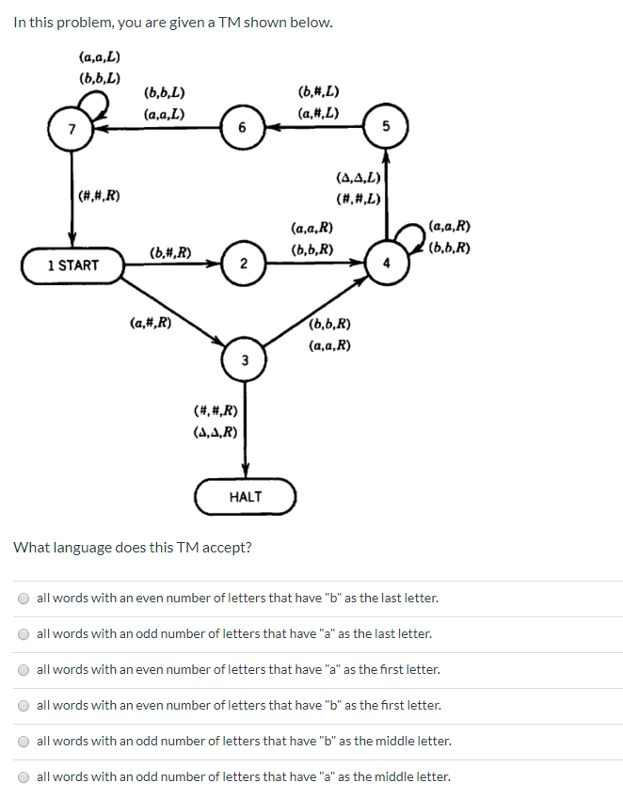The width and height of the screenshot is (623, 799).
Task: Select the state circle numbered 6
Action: (x=242, y=129)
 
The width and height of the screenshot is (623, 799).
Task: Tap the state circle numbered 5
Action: (x=386, y=129)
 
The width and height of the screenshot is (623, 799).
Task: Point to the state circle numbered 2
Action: (x=243, y=264)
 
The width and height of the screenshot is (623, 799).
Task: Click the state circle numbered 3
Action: (x=244, y=360)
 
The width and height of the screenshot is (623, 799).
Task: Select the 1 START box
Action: (x=72, y=265)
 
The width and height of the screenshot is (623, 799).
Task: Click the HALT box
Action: (x=246, y=496)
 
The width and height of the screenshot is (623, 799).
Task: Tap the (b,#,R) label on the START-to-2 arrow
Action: (x=171, y=252)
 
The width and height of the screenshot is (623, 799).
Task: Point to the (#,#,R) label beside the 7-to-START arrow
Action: (x=100, y=196)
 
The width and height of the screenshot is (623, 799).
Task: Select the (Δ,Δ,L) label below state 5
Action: (x=358, y=178)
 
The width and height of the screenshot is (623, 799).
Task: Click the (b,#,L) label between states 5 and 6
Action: (x=318, y=92)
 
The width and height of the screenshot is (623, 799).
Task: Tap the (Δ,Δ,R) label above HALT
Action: (x=215, y=433)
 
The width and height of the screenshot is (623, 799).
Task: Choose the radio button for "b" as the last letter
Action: (x=23, y=599)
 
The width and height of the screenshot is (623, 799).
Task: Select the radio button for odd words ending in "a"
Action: (x=23, y=634)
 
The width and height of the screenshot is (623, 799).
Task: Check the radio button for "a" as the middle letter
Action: (x=23, y=777)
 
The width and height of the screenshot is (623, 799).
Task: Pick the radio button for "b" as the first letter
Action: (x=23, y=706)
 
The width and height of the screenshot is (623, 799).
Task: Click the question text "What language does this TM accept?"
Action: (x=133, y=548)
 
